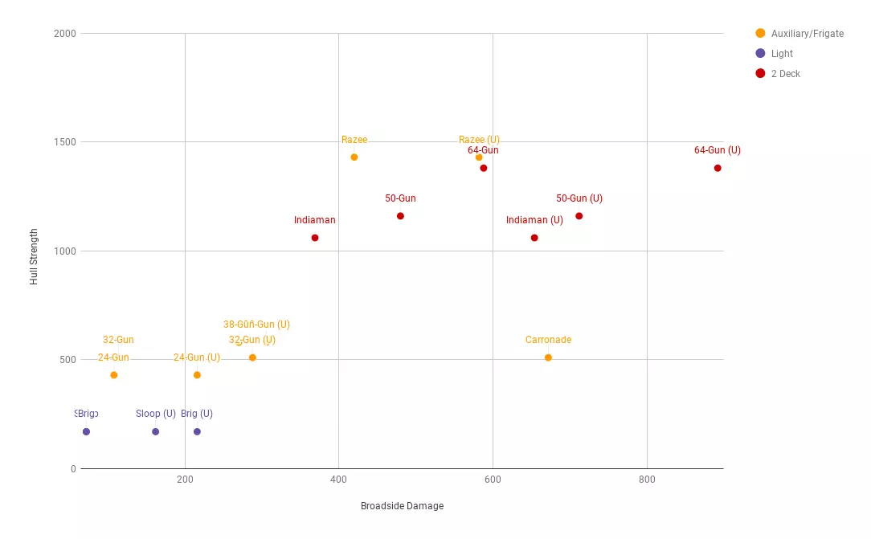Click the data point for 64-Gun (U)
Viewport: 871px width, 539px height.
tap(718, 168)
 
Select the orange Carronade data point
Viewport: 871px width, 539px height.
tap(548, 357)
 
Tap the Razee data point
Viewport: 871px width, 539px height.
tap(354, 157)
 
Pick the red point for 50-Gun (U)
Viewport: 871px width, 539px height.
tap(579, 216)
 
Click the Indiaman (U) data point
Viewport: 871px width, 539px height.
tap(534, 238)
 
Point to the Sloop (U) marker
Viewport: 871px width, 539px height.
tap(155, 432)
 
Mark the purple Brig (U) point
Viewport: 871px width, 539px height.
tap(197, 432)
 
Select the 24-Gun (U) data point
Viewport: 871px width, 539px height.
tap(197, 375)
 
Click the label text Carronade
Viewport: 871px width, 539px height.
tap(548, 340)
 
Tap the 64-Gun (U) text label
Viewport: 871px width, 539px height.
tap(718, 150)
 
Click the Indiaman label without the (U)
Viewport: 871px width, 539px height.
tap(315, 220)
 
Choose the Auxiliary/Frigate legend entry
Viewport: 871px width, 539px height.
tap(807, 34)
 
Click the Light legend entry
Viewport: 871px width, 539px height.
tap(781, 54)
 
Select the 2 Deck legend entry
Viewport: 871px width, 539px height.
tap(785, 74)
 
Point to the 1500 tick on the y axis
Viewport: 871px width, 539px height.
tap(64, 142)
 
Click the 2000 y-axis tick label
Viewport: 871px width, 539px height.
tap(64, 34)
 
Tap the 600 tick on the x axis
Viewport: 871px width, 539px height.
tap(493, 480)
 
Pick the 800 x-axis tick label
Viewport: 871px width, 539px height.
tap(647, 480)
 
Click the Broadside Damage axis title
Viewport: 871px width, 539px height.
tap(402, 506)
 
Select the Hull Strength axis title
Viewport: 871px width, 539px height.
tap(34, 256)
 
